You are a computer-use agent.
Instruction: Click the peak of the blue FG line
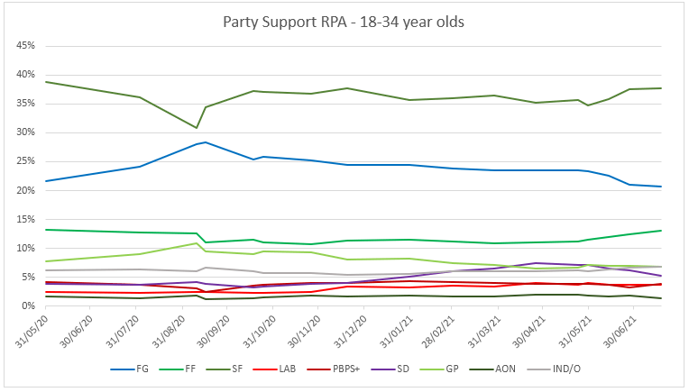click(x=206, y=142)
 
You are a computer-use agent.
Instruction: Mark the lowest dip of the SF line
click(x=197, y=128)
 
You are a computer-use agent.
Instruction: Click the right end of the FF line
click(x=662, y=231)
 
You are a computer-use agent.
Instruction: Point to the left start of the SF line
click(x=45, y=82)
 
